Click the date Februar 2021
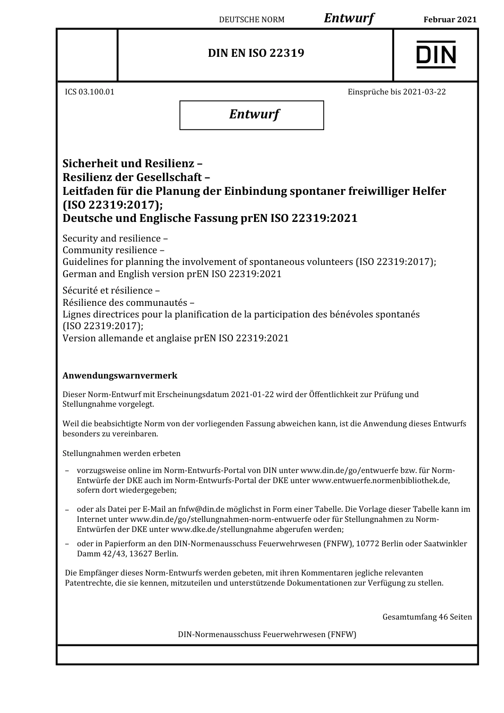point(450,20)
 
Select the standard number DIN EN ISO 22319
point(256,53)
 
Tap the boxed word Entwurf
point(254,114)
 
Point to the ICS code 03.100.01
point(97,92)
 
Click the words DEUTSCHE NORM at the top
point(251,20)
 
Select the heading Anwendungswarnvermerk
point(120,375)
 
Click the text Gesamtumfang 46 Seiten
point(427,617)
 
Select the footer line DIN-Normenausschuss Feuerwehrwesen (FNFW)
point(267,634)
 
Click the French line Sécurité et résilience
point(111,290)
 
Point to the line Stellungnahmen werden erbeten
point(121,453)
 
